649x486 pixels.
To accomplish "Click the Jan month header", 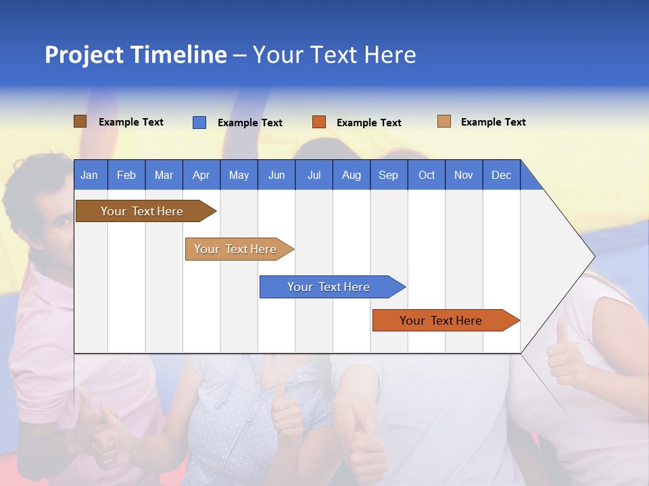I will click(89, 175).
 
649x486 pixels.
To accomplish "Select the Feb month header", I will click(126, 175).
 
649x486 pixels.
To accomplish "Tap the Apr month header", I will click(201, 175).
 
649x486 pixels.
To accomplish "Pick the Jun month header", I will click(277, 175).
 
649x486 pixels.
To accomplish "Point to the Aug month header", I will click(351, 175).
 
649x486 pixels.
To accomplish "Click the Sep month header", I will click(388, 175).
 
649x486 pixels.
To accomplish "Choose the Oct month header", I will click(427, 175).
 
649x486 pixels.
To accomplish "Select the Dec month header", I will click(501, 175).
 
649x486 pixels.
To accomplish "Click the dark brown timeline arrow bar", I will click(143, 211).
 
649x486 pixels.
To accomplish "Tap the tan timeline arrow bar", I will click(236, 249).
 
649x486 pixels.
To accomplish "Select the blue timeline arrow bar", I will click(329, 287).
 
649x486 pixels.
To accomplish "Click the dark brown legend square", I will click(80, 122).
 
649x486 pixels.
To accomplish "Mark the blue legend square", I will click(199, 122).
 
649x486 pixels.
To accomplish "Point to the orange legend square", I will click(319, 122).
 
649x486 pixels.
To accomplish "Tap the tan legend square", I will click(443, 122).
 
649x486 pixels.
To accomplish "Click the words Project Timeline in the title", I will click(136, 55).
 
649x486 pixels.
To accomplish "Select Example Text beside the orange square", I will click(368, 123).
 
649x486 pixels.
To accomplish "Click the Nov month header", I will click(463, 175).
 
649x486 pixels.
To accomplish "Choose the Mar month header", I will click(164, 175).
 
